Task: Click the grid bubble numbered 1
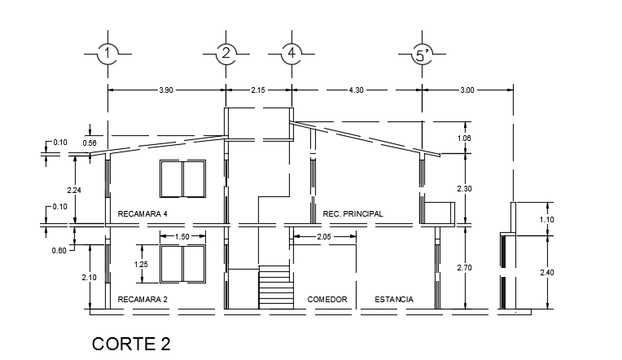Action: (107, 54)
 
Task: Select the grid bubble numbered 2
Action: (226, 54)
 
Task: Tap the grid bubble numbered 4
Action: (291, 54)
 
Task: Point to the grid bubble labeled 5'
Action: (422, 54)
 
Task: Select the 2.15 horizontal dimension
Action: (258, 90)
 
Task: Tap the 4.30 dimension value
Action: (358, 90)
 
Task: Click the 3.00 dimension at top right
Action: (466, 90)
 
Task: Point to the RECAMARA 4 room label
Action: (142, 214)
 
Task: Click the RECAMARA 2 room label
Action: (142, 300)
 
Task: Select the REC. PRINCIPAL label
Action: (353, 214)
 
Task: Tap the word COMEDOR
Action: (327, 300)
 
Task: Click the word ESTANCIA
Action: (393, 300)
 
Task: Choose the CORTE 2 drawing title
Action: (131, 344)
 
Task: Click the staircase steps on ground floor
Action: (275, 286)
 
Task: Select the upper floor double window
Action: (182, 179)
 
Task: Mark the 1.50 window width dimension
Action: (182, 236)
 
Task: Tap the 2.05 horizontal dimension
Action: (323, 236)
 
